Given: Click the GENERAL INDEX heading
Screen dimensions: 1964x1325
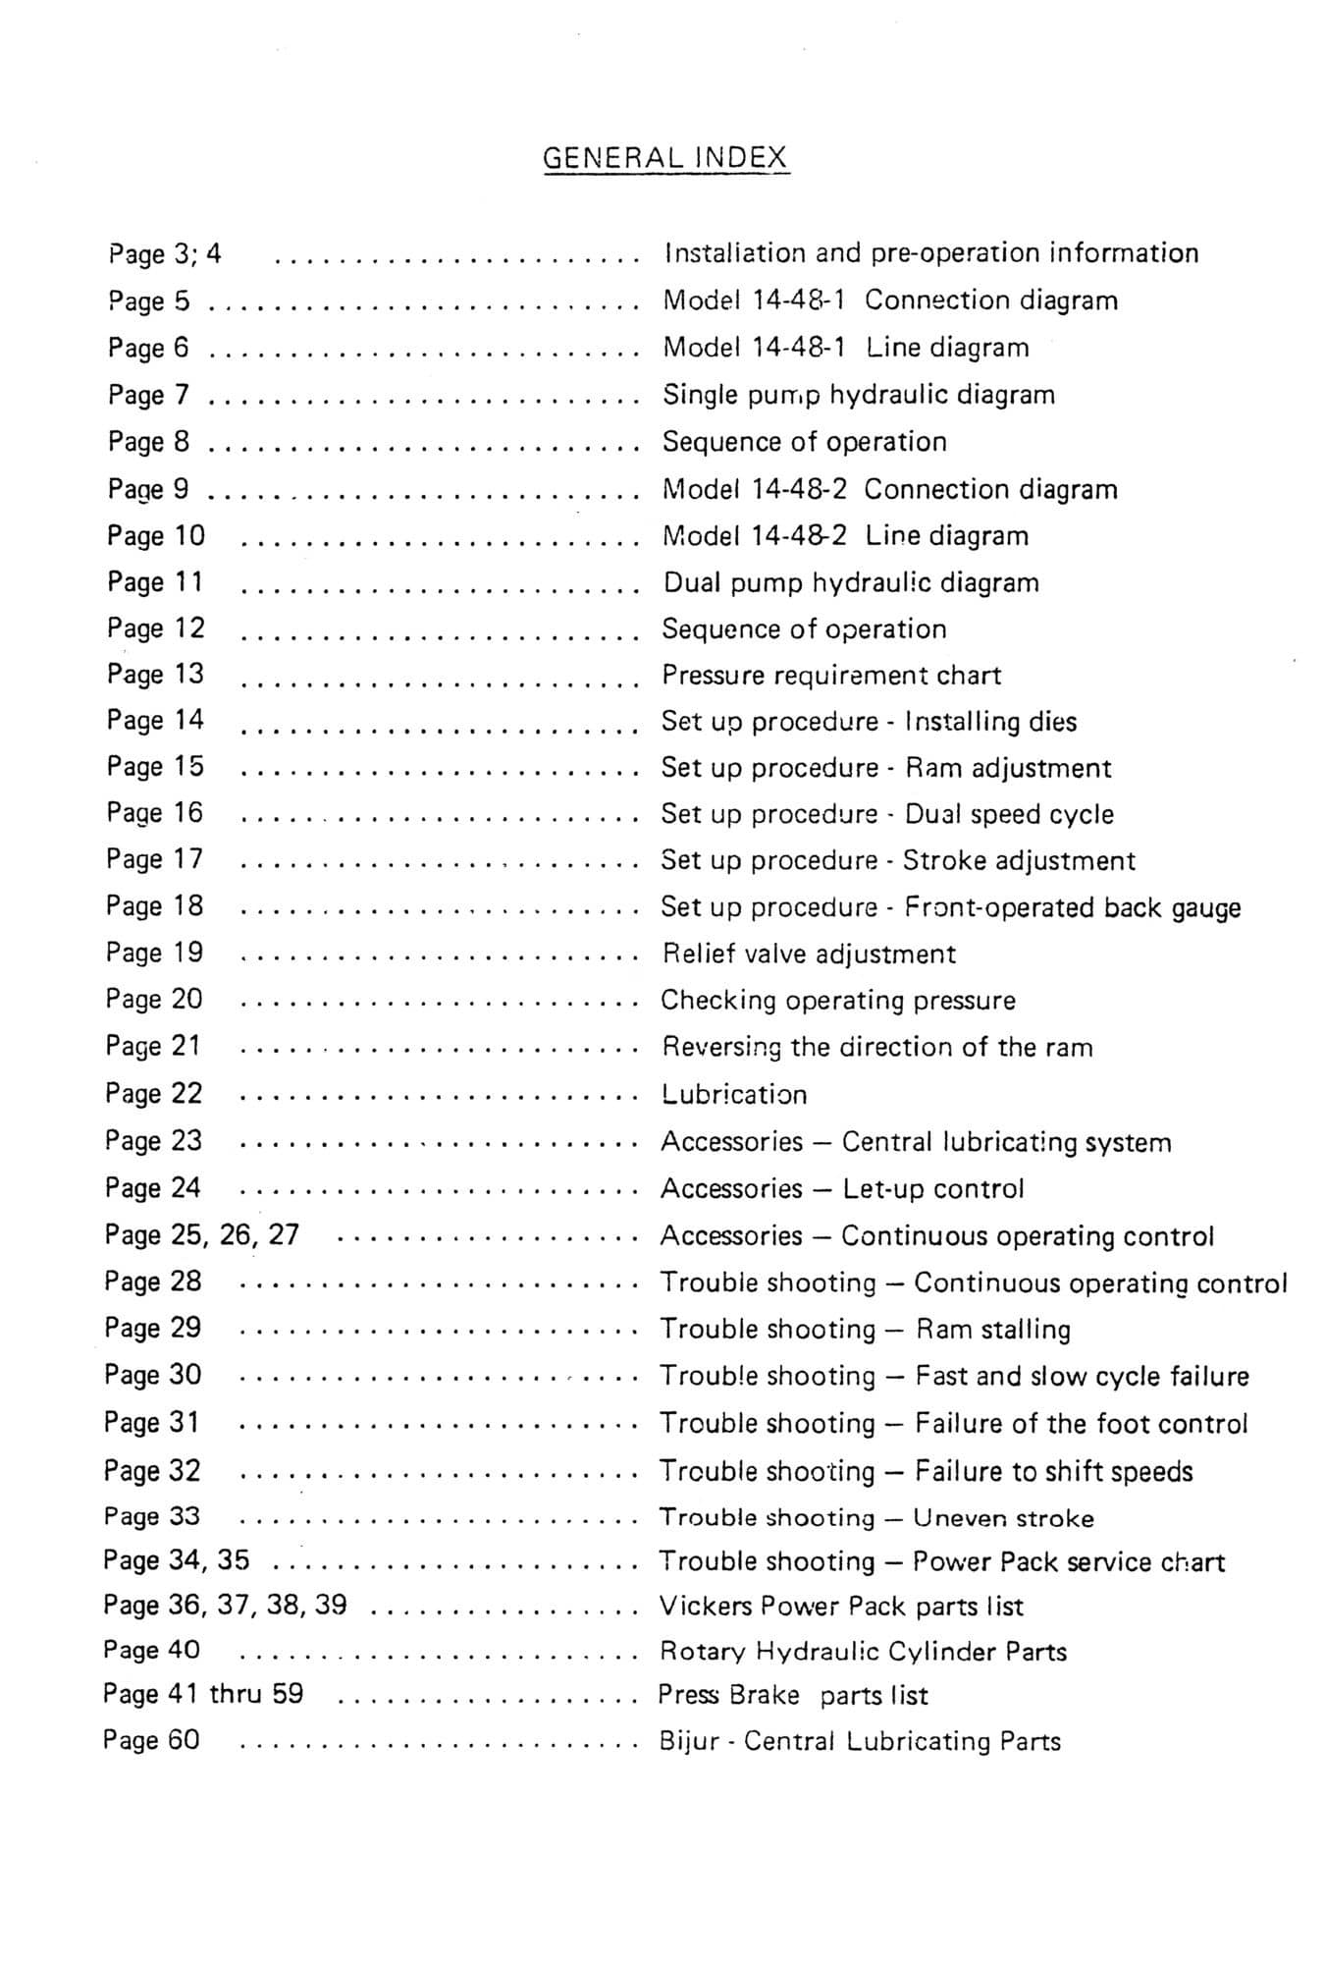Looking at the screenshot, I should (665, 158).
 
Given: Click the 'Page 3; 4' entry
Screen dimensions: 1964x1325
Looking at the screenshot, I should (165, 253).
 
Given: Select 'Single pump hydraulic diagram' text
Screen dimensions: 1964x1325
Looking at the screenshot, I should (859, 395).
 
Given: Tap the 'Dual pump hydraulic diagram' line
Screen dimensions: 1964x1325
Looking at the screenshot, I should (851, 582).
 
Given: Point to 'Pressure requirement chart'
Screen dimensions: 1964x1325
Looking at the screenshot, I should (831, 676).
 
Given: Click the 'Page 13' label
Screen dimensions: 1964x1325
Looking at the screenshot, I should (155, 674).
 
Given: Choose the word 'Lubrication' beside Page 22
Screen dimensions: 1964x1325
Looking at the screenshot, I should (734, 1094).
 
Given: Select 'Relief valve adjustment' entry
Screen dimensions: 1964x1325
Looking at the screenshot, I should (809, 954).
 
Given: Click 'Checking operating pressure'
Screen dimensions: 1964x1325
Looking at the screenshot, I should (838, 1001).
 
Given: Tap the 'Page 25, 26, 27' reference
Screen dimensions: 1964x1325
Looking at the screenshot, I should (202, 1234).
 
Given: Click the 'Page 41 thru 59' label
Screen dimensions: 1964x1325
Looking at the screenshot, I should (203, 1694).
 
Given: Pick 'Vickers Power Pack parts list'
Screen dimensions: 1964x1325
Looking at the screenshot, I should (841, 1607).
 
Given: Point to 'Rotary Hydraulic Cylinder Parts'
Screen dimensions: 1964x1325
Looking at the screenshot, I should (863, 1652).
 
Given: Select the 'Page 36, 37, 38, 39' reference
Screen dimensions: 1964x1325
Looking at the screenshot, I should (225, 1605).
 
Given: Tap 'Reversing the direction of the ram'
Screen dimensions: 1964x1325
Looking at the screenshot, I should (876, 1047).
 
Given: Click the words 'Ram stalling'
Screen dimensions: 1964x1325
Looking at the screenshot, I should (993, 1330).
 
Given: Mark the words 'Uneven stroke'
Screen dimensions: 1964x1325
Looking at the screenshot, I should (1003, 1518).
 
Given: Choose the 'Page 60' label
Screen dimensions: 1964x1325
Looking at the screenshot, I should (151, 1740).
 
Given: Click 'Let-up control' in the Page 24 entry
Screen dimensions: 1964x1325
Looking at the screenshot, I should (933, 1188).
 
